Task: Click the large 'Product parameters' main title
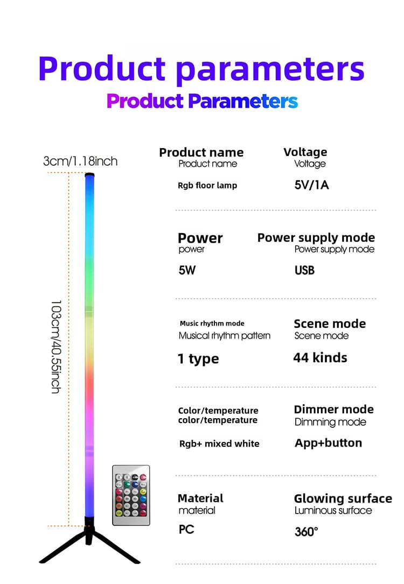(x=201, y=69)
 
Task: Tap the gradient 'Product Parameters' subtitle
(x=202, y=101)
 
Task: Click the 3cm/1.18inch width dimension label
(x=80, y=161)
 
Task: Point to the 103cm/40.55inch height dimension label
(x=55, y=347)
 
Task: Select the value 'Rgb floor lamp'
(x=207, y=186)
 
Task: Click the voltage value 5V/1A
(x=311, y=185)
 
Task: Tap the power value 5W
(x=187, y=270)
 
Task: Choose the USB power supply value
(x=304, y=270)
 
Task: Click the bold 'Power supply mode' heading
(x=316, y=237)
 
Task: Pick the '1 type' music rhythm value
(x=198, y=358)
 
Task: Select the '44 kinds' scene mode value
(x=320, y=358)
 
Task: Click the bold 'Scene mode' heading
(x=330, y=323)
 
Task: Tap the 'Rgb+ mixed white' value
(x=219, y=444)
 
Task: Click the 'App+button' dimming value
(x=329, y=443)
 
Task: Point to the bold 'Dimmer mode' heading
(x=333, y=409)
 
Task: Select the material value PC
(x=186, y=529)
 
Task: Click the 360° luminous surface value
(x=307, y=531)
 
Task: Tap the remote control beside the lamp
(x=131, y=495)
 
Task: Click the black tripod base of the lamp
(x=89, y=540)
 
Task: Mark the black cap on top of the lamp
(x=89, y=174)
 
